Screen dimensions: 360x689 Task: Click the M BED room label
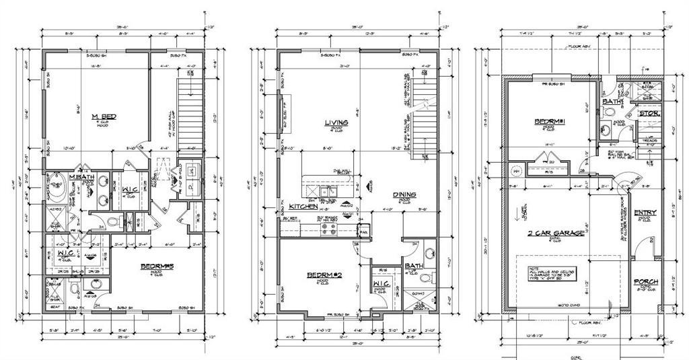click(x=104, y=117)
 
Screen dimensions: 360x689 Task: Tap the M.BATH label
click(x=80, y=177)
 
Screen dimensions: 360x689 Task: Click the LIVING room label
click(x=334, y=122)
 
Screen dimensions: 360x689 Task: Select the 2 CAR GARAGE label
click(x=558, y=232)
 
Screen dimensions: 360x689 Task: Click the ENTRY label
click(x=645, y=212)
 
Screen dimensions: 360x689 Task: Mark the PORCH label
click(x=646, y=281)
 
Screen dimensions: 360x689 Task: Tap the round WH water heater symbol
click(x=517, y=170)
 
